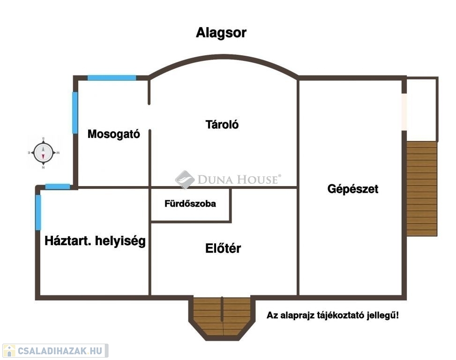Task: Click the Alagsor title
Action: (x=221, y=33)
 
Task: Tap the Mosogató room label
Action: (x=114, y=134)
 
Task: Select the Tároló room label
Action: (x=222, y=125)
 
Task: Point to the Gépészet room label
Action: (x=352, y=189)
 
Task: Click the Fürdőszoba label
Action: (x=190, y=204)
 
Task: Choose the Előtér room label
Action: (x=223, y=248)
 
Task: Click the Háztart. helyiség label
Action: (x=95, y=241)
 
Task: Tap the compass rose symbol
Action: (x=43, y=152)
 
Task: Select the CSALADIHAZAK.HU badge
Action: (x=55, y=351)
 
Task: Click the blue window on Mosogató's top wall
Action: (x=112, y=78)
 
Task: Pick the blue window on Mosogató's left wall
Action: (x=75, y=112)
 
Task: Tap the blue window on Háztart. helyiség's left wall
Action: (x=38, y=212)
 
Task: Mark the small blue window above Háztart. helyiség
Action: (x=58, y=187)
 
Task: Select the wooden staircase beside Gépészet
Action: (x=421, y=187)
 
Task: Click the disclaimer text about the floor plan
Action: (x=333, y=315)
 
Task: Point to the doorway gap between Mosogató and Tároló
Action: (x=150, y=117)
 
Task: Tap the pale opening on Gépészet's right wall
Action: (x=404, y=112)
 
